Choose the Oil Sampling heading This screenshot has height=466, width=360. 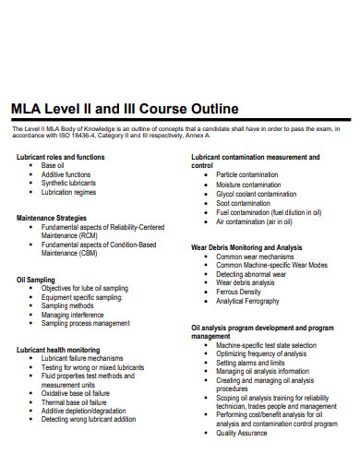tap(36, 279)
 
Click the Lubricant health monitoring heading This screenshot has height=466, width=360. tap(58, 350)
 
